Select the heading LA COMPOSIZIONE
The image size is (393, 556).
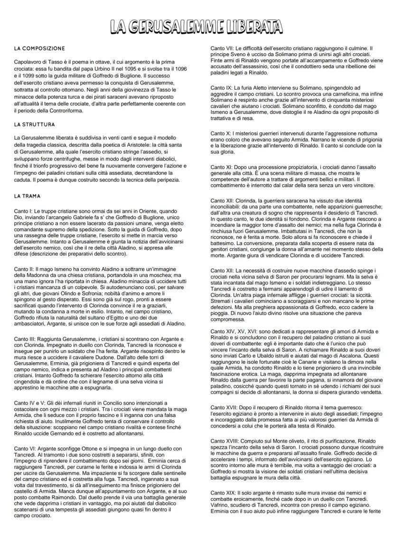(40, 48)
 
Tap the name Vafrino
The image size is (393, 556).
(221, 508)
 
